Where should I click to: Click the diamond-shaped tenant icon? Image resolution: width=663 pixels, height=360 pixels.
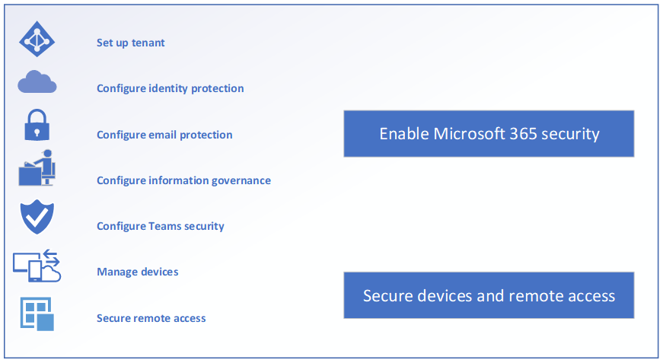[x=37, y=39]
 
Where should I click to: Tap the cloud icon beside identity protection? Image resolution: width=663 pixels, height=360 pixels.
[x=37, y=81]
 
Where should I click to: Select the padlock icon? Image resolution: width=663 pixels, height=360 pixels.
[x=37, y=125]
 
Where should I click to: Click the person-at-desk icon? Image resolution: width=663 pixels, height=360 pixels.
[x=37, y=167]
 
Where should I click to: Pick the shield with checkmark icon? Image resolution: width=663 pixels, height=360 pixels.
[x=37, y=217]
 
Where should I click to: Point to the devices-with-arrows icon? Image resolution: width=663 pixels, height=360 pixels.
[x=37, y=266]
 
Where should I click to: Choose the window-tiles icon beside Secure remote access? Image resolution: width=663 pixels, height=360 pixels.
[x=37, y=314]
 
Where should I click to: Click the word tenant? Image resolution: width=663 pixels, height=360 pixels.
[x=148, y=43]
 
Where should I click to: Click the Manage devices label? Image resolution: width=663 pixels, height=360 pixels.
[x=138, y=272]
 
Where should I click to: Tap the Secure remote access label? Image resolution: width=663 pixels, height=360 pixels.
[x=151, y=318]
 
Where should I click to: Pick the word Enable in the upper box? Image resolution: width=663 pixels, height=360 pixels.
[x=404, y=133]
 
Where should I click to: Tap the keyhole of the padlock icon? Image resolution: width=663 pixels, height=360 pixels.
[x=37, y=132]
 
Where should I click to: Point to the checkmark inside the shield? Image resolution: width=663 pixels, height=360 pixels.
[x=37, y=216]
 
